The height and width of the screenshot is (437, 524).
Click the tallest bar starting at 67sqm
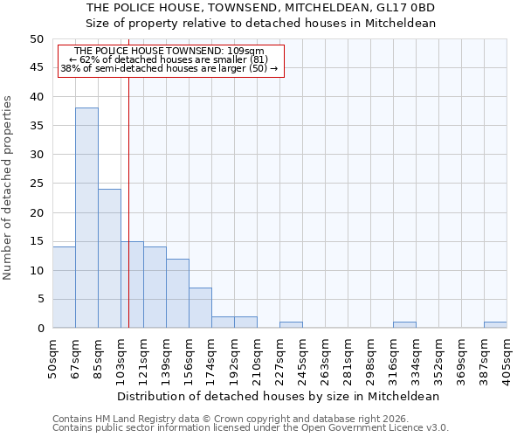coord(86,218)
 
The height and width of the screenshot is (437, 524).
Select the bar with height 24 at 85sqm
coord(109,259)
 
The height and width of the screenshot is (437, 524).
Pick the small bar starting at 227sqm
coord(291,325)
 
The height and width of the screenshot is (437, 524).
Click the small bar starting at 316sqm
coord(404,325)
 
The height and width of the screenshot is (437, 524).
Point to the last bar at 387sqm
coord(495,325)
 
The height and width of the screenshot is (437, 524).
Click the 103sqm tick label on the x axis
coord(121,357)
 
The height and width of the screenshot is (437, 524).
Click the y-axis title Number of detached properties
coord(9,189)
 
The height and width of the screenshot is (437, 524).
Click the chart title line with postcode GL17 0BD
coord(261,8)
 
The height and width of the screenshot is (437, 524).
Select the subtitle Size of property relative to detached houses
coord(261,24)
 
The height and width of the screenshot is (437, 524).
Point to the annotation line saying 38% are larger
coord(170,68)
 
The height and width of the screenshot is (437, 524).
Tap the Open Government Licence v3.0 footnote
coord(251,428)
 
